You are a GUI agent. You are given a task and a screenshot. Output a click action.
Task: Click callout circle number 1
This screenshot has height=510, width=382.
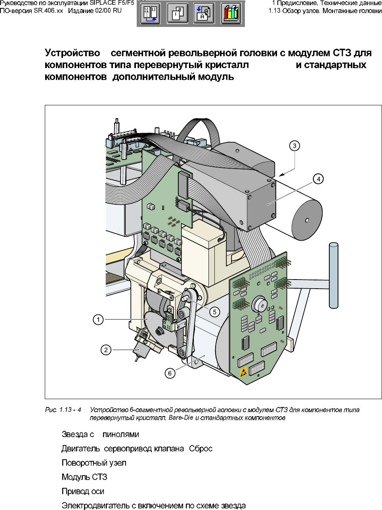point(98,319)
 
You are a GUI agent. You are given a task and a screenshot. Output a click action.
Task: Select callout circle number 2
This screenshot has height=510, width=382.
point(106,350)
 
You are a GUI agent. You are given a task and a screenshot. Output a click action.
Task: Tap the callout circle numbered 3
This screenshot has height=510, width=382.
point(294,146)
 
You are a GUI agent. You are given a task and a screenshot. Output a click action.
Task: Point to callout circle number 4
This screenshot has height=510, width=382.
point(319,179)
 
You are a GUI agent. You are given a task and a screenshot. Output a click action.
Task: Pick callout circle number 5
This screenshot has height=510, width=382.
point(214,312)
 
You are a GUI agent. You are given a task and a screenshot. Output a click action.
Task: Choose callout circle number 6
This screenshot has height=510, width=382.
point(170,373)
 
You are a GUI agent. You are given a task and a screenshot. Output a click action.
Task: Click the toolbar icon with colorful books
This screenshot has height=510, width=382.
point(231,14)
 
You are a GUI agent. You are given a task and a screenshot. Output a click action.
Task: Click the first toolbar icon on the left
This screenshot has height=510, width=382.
point(151,14)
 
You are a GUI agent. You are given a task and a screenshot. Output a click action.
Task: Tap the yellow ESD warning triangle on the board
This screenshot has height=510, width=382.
point(244,372)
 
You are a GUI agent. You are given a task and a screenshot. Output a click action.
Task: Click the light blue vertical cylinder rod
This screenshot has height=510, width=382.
point(333,275)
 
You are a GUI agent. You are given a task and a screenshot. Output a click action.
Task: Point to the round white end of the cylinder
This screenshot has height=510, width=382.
point(307,220)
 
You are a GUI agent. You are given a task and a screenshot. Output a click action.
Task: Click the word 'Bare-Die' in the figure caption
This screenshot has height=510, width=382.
point(181,418)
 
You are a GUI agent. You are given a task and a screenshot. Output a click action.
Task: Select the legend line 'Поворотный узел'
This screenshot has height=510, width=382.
point(94,463)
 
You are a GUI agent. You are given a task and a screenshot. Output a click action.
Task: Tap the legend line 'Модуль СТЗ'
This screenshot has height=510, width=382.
point(84,477)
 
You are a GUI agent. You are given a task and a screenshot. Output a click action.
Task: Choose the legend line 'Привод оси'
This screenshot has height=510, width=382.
point(83,491)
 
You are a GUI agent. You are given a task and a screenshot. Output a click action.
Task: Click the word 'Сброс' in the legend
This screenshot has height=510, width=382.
point(201,449)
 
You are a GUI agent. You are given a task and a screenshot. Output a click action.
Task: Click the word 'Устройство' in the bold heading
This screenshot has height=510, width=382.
point(72,53)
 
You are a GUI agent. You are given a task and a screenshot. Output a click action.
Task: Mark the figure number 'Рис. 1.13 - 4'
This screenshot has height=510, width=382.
point(63,410)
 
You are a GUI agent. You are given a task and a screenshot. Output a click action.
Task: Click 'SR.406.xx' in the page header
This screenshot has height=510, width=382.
point(48,11)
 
